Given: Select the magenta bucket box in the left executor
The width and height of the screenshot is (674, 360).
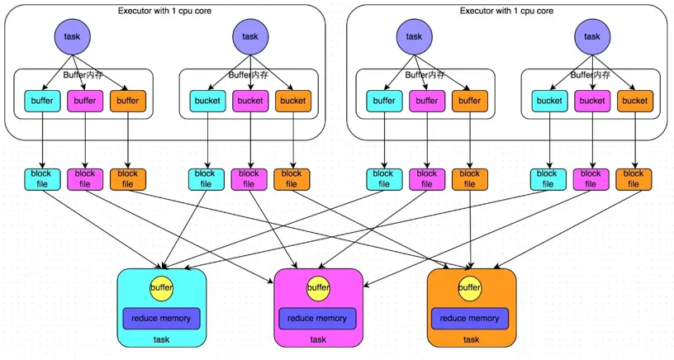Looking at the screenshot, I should [250, 101].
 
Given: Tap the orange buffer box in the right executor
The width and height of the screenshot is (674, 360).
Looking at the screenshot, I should [470, 101].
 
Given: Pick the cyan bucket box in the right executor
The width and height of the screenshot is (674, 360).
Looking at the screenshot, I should [549, 101].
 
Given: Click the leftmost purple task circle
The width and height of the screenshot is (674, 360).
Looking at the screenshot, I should [73, 36].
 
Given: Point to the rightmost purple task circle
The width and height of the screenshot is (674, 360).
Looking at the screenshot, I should [592, 36].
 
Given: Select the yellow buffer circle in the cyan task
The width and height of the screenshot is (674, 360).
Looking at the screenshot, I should [162, 288].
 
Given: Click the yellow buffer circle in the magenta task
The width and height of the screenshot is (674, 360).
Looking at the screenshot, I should [318, 288].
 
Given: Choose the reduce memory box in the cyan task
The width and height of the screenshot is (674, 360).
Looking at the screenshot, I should [162, 319].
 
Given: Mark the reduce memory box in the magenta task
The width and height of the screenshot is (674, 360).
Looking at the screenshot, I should [318, 319].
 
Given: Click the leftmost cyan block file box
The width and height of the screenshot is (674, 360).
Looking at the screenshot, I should [41, 179].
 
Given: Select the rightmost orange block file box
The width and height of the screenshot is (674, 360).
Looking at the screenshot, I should [634, 179].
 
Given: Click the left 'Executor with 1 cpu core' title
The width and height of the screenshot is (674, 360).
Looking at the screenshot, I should [165, 11].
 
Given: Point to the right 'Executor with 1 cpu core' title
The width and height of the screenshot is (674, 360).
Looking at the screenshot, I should [506, 11].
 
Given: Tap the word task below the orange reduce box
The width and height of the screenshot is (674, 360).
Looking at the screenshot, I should [471, 339].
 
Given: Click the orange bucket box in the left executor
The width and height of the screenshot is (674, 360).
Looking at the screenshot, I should [292, 101].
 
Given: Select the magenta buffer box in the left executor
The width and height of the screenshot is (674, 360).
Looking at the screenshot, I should [85, 101].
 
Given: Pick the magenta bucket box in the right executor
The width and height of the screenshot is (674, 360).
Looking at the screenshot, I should [591, 101].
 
